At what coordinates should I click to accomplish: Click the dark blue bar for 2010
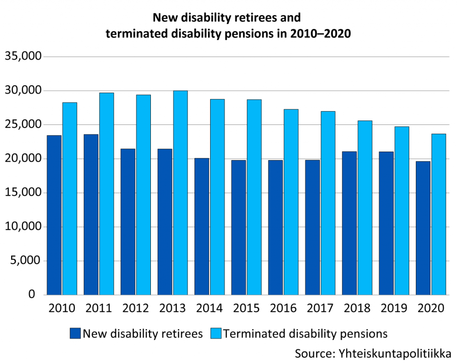pyautogui.click(x=54, y=215)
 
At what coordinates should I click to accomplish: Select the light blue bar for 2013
pyautogui.click(x=180, y=193)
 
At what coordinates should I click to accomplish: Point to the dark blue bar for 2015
pyautogui.click(x=239, y=227)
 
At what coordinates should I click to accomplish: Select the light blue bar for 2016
pyautogui.click(x=291, y=202)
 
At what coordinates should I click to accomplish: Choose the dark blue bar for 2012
pyautogui.click(x=128, y=222)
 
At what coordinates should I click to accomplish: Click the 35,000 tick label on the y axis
pyautogui.click(x=22, y=57)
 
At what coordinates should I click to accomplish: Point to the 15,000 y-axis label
pyautogui.click(x=22, y=193)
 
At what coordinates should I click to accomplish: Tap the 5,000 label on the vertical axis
pyautogui.click(x=25, y=261)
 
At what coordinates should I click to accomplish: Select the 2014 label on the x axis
pyautogui.click(x=209, y=308)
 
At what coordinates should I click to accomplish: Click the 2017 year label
pyautogui.click(x=320, y=308)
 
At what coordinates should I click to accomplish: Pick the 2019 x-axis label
pyautogui.click(x=394, y=308)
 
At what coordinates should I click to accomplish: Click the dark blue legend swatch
pyautogui.click(x=75, y=333)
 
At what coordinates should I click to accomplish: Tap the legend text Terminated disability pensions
pyautogui.click(x=305, y=333)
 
